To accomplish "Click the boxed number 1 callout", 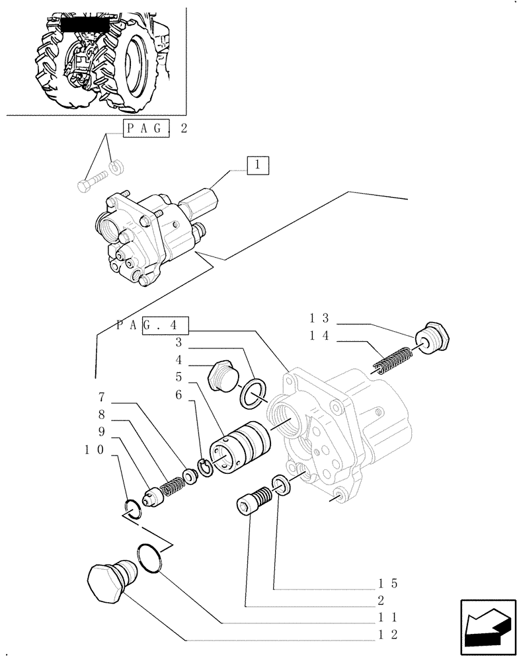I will click(259, 165).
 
